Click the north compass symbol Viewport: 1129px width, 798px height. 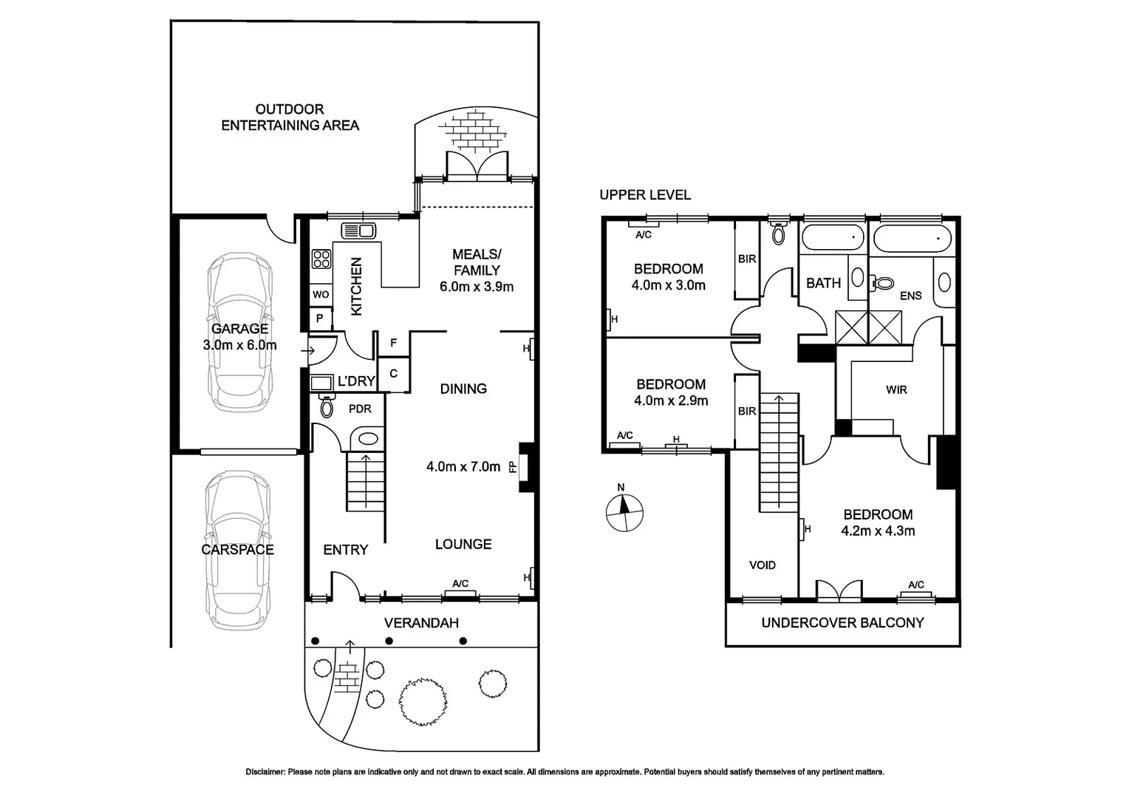pyautogui.click(x=624, y=513)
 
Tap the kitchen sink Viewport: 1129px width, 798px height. pyautogui.click(x=358, y=231)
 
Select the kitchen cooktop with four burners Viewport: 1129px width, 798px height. pyautogui.click(x=321, y=259)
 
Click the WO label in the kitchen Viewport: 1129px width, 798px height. pyautogui.click(x=321, y=294)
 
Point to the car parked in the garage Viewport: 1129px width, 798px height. pyautogui.click(x=240, y=332)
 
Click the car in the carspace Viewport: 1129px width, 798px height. pyautogui.click(x=237, y=550)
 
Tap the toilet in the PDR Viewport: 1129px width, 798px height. pyautogui.click(x=327, y=406)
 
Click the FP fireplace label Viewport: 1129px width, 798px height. pyautogui.click(x=513, y=467)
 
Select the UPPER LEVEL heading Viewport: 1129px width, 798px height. pyautogui.click(x=645, y=195)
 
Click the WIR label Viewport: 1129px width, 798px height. pyautogui.click(x=896, y=389)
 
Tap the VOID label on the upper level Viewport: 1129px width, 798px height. pyautogui.click(x=762, y=565)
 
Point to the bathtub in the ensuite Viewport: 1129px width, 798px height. pyautogui.click(x=913, y=239)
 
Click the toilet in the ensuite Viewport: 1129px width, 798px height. pyautogui.click(x=881, y=283)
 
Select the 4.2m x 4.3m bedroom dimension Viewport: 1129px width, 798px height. pyautogui.click(x=878, y=531)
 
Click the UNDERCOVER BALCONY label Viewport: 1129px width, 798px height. pyautogui.click(x=842, y=623)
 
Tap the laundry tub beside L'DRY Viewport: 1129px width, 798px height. pyautogui.click(x=321, y=383)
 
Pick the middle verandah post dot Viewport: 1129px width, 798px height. pyautogui.click(x=389, y=641)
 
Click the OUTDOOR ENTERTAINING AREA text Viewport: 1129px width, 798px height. pyautogui.click(x=290, y=117)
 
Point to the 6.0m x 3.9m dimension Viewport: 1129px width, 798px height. pyautogui.click(x=477, y=287)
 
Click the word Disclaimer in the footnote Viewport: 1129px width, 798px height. pyautogui.click(x=265, y=772)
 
